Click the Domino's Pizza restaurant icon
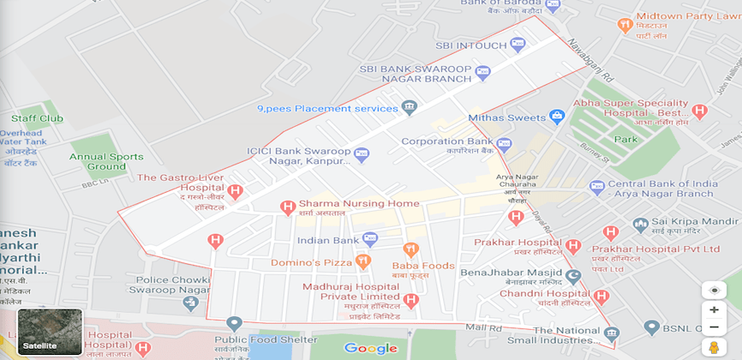363,261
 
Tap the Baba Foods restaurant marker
410,249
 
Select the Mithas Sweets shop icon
558,117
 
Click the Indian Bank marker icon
369,239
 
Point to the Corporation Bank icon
504,144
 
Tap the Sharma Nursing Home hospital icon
288,207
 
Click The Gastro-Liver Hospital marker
235,191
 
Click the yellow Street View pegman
713,346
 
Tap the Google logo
370,348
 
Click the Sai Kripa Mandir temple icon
639,224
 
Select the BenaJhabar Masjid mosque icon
572,275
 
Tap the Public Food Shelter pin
234,323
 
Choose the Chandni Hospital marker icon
601,297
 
